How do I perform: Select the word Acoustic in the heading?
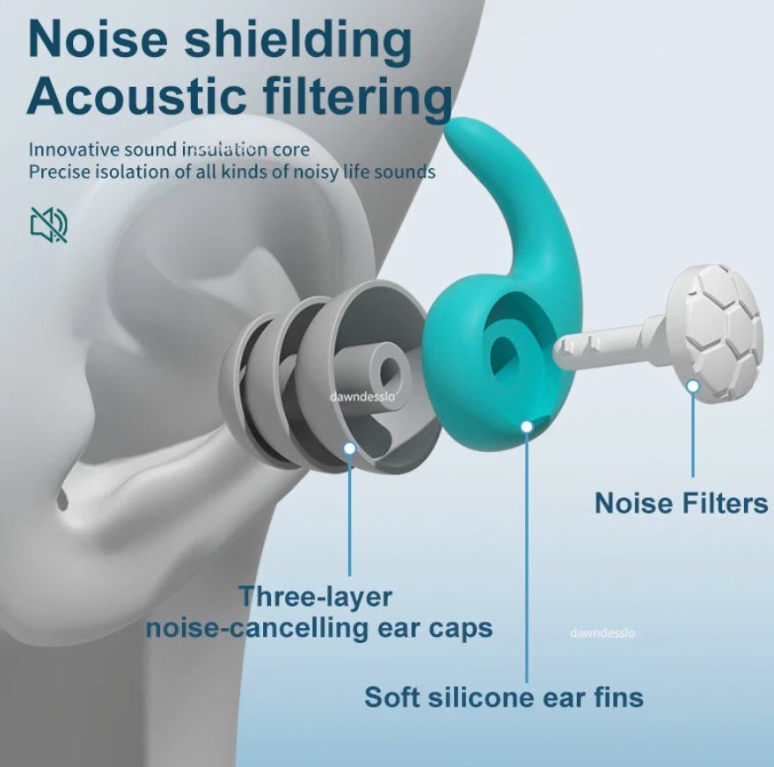point(136,96)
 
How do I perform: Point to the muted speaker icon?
point(48,224)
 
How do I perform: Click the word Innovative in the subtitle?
point(74,149)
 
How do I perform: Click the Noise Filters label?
point(681,503)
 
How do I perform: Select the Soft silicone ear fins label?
point(504,698)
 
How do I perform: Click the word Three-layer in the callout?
point(316,596)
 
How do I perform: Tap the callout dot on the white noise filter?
point(693,386)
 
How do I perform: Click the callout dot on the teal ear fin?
point(527,427)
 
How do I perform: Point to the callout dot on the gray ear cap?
point(349,449)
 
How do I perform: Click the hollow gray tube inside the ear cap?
point(376,374)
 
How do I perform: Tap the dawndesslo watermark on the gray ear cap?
point(362,397)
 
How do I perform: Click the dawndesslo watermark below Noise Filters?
point(602,632)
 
